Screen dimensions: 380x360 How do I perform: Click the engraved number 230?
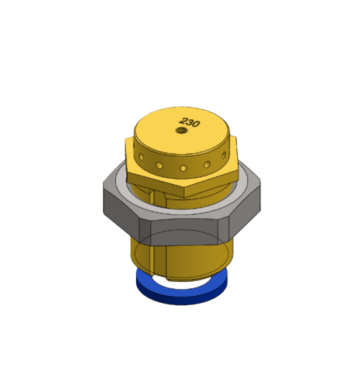point(191,123)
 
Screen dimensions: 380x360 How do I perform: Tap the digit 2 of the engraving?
point(185,121)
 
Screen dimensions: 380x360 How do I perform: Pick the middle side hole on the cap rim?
point(184,168)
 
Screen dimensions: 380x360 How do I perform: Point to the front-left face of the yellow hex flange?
point(155,179)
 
